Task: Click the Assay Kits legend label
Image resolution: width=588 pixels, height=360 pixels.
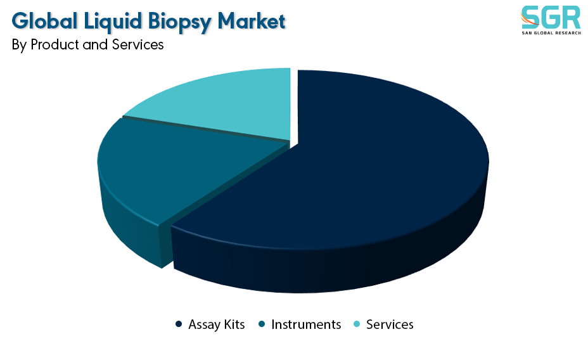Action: (216, 325)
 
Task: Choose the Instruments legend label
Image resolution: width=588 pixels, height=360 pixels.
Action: (306, 325)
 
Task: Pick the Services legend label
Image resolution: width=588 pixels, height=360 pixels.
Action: (390, 325)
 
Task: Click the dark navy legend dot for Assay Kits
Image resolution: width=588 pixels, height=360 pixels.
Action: (179, 324)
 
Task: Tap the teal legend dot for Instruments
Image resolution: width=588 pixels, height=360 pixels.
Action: (262, 324)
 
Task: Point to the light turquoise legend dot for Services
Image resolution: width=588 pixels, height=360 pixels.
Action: (357, 324)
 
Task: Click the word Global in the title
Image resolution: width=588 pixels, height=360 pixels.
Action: (44, 21)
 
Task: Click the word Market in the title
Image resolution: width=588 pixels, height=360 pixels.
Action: (252, 21)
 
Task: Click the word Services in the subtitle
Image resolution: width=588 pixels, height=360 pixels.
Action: (137, 44)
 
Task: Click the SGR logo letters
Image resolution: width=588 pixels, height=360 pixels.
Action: (551, 18)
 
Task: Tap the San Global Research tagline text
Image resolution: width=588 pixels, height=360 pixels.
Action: (551, 33)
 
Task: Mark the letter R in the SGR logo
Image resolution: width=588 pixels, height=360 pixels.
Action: (571, 18)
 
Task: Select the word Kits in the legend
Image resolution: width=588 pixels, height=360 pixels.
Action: (234, 325)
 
